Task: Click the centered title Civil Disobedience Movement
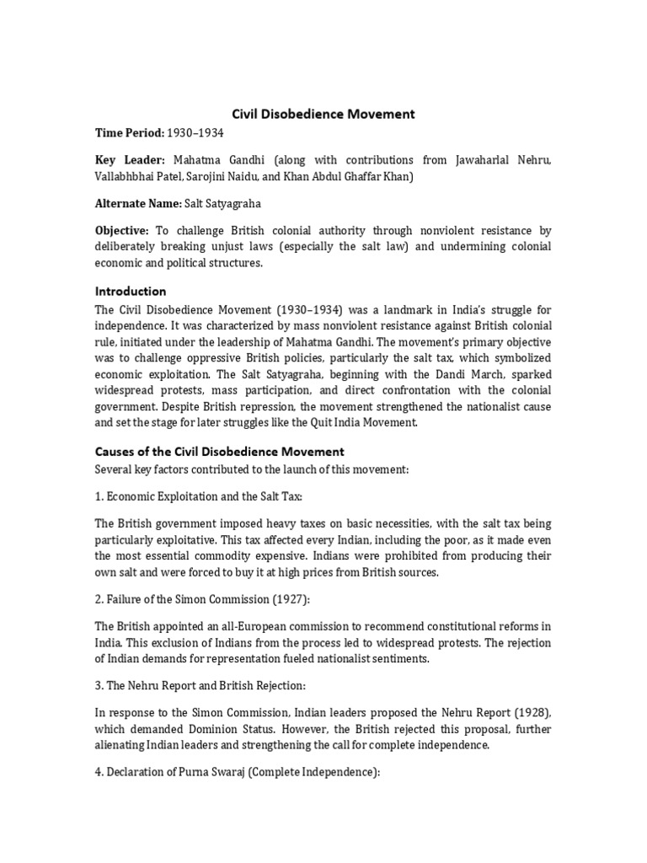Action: click(323, 113)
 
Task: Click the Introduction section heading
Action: click(131, 292)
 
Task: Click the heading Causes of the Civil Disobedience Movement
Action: click(219, 452)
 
